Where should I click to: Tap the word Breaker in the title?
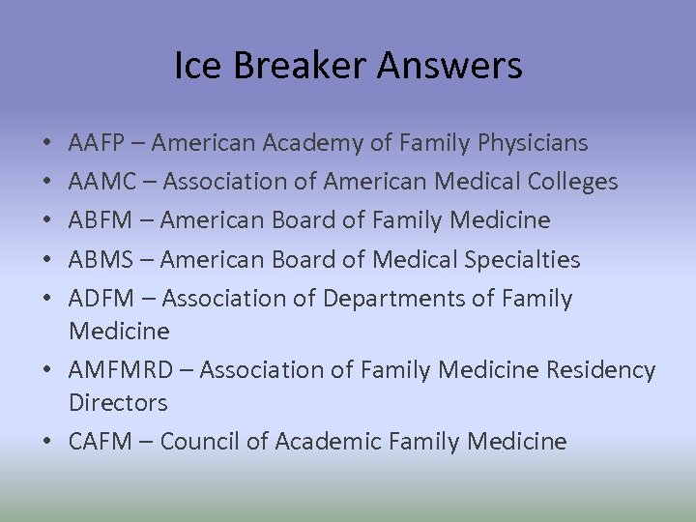point(296,67)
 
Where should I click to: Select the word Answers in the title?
point(449,67)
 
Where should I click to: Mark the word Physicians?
point(533,143)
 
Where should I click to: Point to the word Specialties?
point(527,259)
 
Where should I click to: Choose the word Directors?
point(118,403)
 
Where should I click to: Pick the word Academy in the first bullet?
point(275,143)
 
